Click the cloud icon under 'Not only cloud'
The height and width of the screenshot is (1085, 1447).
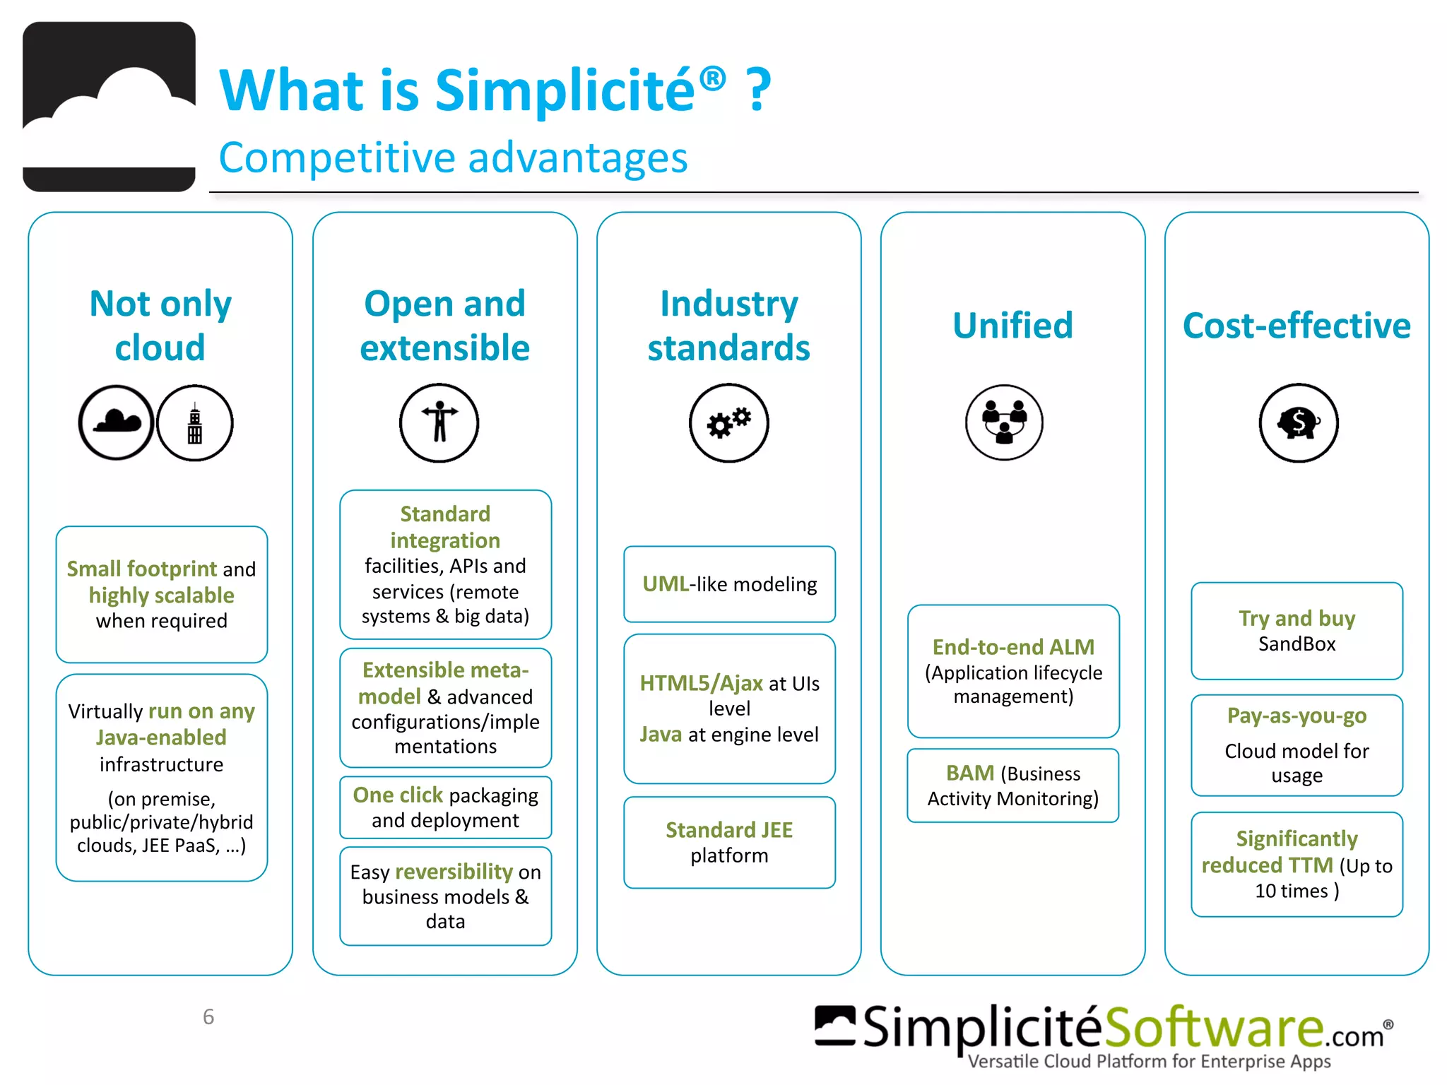click(116, 423)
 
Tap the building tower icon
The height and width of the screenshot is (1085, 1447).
click(195, 423)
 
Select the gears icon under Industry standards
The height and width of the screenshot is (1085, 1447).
click(728, 423)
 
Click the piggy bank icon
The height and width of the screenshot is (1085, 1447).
click(1298, 423)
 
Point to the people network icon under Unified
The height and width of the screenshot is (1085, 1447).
click(1004, 422)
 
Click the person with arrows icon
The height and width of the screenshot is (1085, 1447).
click(439, 423)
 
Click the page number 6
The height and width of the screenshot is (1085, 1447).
click(208, 1016)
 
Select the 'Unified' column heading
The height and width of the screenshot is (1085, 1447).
click(1012, 326)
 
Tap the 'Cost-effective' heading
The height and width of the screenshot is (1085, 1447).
click(1297, 326)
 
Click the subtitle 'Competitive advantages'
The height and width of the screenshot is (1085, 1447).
click(453, 158)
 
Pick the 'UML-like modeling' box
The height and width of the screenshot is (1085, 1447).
click(729, 584)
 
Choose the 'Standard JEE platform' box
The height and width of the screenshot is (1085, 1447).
click(729, 842)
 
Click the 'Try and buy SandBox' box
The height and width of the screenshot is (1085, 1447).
click(1297, 631)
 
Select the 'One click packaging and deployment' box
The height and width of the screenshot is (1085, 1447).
click(445, 807)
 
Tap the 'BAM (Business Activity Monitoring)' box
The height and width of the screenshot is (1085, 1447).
click(1012, 785)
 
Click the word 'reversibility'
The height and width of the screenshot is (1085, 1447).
click(454, 872)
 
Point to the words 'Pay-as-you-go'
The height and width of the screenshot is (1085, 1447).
click(1297, 716)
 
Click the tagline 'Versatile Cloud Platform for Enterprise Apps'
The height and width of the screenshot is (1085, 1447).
click(1149, 1062)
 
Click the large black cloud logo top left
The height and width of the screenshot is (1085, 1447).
click(109, 107)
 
